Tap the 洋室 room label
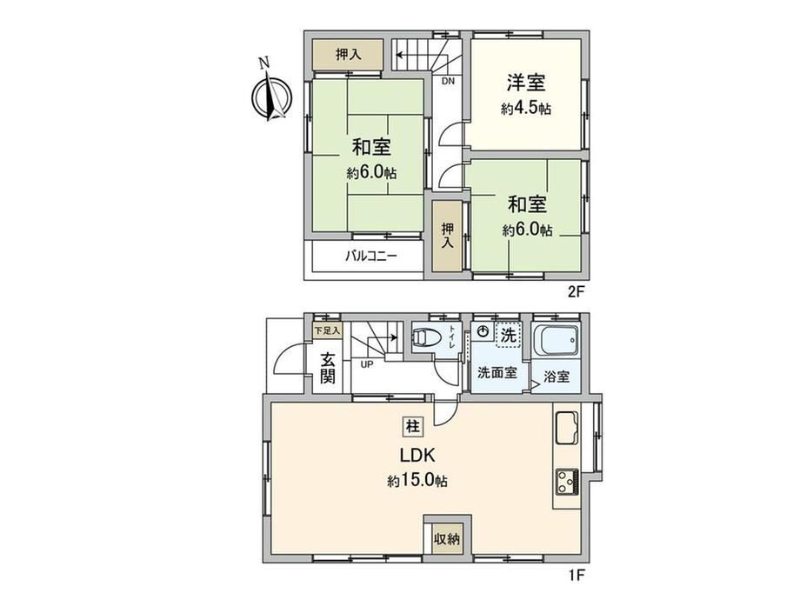pyautogui.click(x=526, y=82)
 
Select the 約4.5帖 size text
pyautogui.click(x=526, y=109)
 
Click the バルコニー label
pyautogui.click(x=371, y=256)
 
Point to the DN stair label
pyautogui.click(x=448, y=81)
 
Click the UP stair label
pyautogui.click(x=367, y=364)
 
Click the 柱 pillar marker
pyautogui.click(x=412, y=425)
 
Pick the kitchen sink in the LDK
pyautogui.click(x=566, y=428)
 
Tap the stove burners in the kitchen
pyautogui.click(x=567, y=481)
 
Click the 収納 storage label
pyautogui.click(x=446, y=539)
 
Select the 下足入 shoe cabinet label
pyautogui.click(x=327, y=330)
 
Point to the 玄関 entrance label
pyautogui.click(x=328, y=369)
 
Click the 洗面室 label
pyautogui.click(x=497, y=372)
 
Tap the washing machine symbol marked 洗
pyautogui.click(x=508, y=335)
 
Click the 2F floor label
pyautogui.click(x=576, y=292)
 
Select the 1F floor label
pyautogui.click(x=577, y=576)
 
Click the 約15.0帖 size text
pyautogui.click(x=417, y=480)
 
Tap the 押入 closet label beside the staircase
pyautogui.click(x=349, y=55)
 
